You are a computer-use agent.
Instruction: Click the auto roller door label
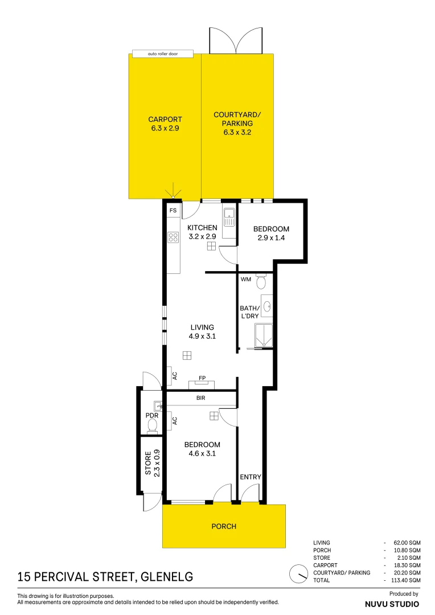pyautogui.click(x=163, y=54)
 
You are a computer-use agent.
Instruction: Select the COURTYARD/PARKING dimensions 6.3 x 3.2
pyautogui.click(x=237, y=132)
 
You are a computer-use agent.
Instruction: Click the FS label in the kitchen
pyautogui.click(x=173, y=211)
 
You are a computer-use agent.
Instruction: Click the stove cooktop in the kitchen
pyautogui.click(x=173, y=237)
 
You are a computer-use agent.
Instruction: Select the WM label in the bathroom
pyautogui.click(x=245, y=280)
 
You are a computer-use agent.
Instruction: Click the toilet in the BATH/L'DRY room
pyautogui.click(x=261, y=282)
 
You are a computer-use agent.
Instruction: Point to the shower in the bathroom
pyautogui.click(x=264, y=335)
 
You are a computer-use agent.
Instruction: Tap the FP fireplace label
pyautogui.click(x=202, y=378)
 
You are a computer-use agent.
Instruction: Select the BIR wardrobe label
pyautogui.click(x=200, y=398)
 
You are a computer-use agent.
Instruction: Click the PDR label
pyautogui.click(x=151, y=416)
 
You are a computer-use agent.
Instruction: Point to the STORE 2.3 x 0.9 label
pyautogui.click(x=152, y=464)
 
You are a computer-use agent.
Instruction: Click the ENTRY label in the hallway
pyautogui.click(x=250, y=477)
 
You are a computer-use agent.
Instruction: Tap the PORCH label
pyautogui.click(x=224, y=526)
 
